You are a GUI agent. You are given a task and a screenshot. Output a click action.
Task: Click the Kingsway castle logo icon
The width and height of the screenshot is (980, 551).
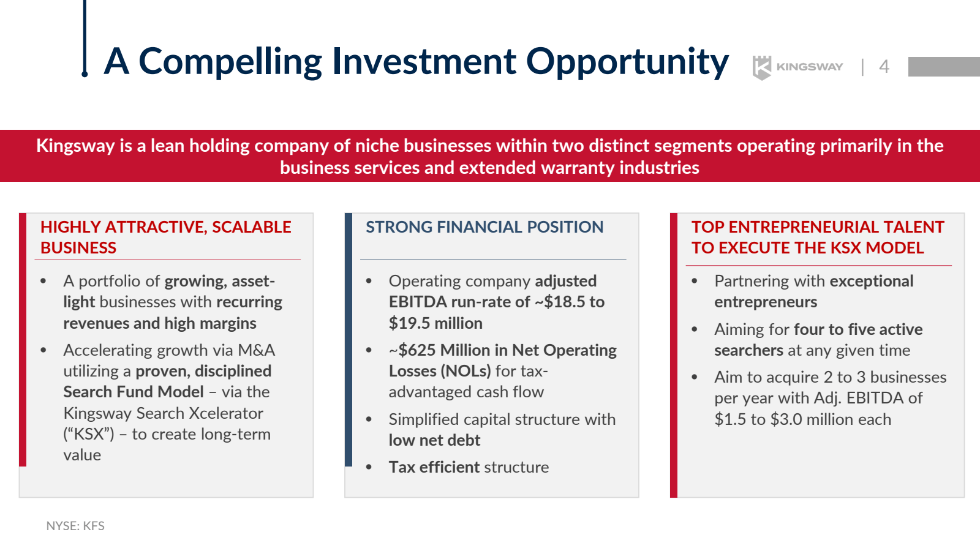click(762, 67)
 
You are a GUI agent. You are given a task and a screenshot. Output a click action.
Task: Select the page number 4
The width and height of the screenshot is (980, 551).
click(884, 67)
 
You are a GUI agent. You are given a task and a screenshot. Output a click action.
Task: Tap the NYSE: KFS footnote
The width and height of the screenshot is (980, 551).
click(75, 526)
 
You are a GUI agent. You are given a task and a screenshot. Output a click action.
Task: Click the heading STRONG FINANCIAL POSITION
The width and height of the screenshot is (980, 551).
click(484, 227)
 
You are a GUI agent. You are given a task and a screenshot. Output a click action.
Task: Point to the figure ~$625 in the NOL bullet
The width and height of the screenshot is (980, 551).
click(412, 350)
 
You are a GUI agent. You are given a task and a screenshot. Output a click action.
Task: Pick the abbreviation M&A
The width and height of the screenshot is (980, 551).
click(257, 350)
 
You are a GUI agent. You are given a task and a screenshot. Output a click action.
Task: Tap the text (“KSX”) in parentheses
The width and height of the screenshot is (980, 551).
click(88, 434)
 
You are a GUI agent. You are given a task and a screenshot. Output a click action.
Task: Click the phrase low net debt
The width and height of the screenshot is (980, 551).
click(434, 440)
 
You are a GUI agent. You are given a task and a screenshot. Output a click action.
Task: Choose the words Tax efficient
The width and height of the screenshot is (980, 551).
click(434, 467)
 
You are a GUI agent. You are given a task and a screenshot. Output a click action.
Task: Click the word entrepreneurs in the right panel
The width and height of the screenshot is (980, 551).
click(766, 302)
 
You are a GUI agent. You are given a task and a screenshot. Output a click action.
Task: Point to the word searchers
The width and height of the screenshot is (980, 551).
click(748, 350)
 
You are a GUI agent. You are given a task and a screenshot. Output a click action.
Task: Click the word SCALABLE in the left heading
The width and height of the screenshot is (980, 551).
click(252, 227)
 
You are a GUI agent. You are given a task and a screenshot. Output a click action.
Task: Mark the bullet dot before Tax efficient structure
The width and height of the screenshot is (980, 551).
click(369, 468)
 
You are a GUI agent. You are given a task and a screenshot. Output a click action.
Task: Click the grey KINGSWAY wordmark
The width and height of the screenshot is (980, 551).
click(809, 67)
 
